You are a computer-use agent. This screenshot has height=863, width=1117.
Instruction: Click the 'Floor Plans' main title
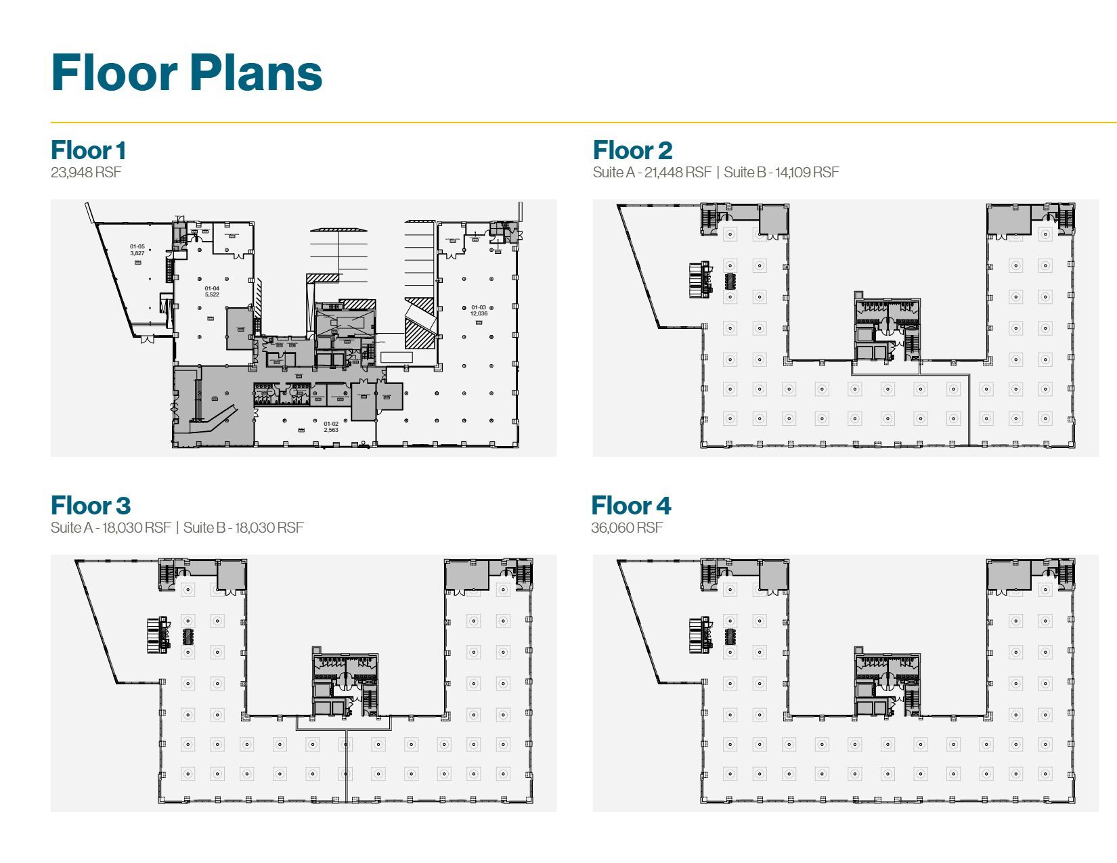tap(186, 73)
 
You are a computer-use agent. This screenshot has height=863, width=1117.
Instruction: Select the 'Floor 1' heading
tap(88, 150)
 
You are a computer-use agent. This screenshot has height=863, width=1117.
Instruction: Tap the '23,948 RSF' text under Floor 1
tap(86, 172)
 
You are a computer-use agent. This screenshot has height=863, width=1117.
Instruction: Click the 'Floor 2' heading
tap(632, 150)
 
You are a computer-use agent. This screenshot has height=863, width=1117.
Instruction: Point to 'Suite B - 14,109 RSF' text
tap(781, 172)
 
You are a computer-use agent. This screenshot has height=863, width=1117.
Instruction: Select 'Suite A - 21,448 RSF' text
tap(652, 172)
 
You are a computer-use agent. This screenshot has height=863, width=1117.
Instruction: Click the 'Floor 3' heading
tap(90, 506)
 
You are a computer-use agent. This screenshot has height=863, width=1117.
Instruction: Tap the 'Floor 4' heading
tap(631, 506)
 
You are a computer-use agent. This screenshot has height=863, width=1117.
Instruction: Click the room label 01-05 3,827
tap(137, 250)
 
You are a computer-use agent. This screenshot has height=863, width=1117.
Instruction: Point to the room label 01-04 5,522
tap(212, 292)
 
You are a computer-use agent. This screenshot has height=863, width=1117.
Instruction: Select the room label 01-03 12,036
tap(479, 311)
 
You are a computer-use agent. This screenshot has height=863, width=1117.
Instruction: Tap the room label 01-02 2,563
tap(330, 426)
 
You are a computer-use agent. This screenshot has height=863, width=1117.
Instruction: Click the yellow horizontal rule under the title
tap(582, 123)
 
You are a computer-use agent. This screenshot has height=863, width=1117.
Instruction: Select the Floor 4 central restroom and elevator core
tap(887, 684)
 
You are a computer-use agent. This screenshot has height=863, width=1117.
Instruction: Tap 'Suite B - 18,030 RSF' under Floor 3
tap(243, 527)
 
